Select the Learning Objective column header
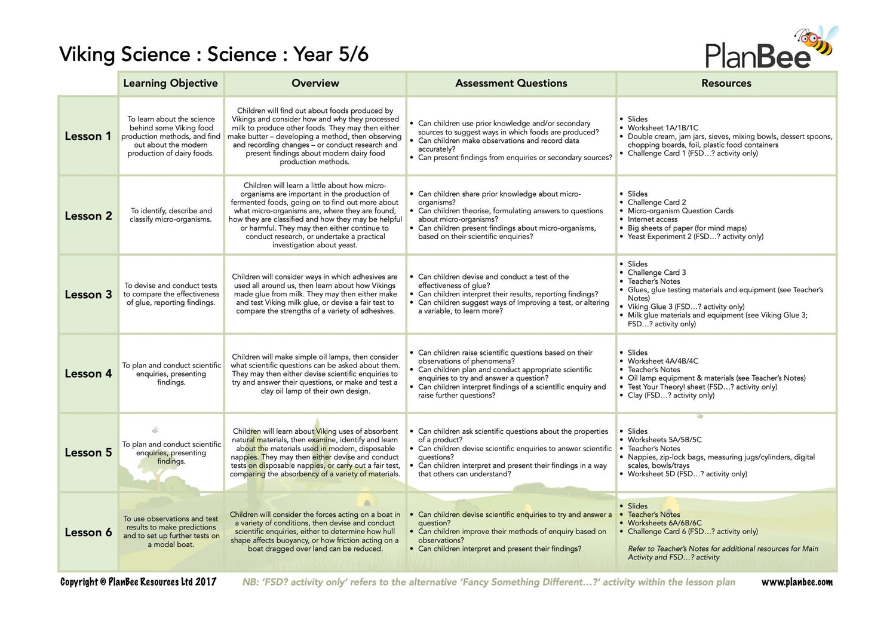coord(170,83)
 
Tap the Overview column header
coord(315,83)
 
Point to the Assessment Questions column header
coord(511,83)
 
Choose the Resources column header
coord(726,83)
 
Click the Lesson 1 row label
coord(88,136)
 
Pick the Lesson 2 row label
coord(88,216)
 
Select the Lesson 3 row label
coord(88,295)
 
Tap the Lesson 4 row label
coord(88,373)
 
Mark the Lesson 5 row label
coord(88,452)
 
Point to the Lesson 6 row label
coord(88,532)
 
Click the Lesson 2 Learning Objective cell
coord(171,215)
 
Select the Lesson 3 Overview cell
coord(315,294)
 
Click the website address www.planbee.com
coord(796,582)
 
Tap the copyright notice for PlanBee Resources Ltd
coord(138,582)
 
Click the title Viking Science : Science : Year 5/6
coord(213,54)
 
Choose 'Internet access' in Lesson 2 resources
coord(652,219)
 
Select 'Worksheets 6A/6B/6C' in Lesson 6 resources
coord(664,523)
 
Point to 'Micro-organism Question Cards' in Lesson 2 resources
coord(680,211)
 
